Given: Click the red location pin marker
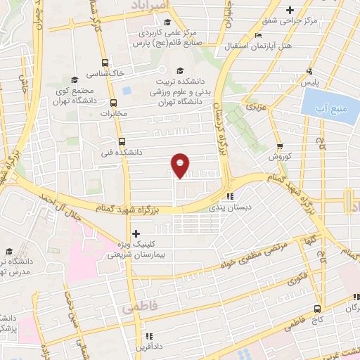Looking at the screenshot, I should coord(181,165).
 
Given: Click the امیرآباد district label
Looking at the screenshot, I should coord(150,5).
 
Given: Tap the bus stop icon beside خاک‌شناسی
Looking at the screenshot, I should coord(105,62).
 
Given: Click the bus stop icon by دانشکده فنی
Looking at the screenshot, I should coord(120,140).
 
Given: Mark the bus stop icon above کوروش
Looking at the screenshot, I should coord(280,146).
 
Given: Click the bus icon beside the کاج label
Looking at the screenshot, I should coord(318,308).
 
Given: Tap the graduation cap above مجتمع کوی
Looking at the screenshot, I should coord(75,79).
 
